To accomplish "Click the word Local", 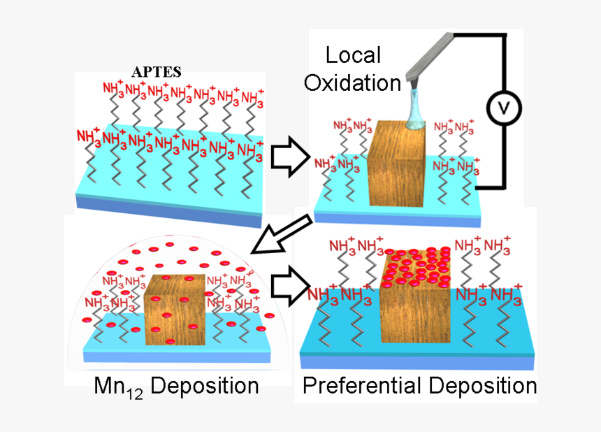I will click(354, 55).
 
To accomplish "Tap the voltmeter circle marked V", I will click(500, 108).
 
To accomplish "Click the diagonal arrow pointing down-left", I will click(280, 235).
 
